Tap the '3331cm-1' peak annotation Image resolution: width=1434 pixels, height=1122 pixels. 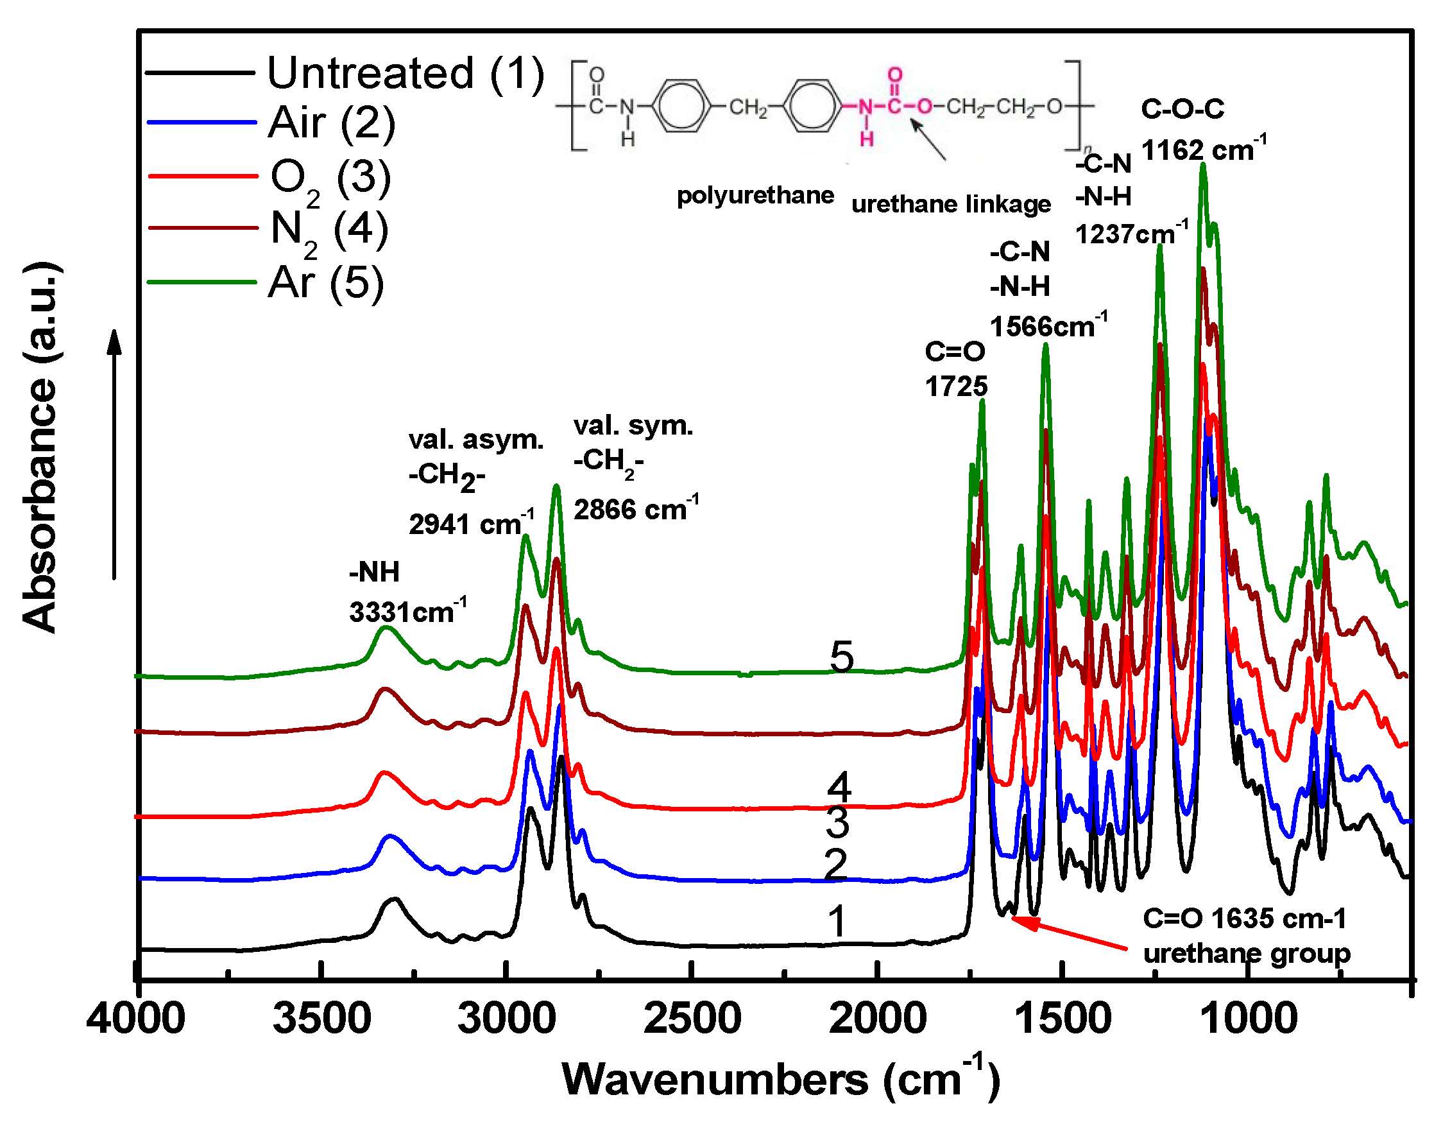[x=407, y=612]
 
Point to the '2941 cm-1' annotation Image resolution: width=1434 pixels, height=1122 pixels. [x=471, y=524]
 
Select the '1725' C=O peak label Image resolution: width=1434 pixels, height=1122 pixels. [x=956, y=387]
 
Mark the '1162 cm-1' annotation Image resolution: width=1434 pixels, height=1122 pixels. [x=1203, y=150]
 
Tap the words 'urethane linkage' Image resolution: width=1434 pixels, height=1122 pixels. [x=950, y=204]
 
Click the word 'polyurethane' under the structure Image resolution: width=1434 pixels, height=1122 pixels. [x=755, y=195]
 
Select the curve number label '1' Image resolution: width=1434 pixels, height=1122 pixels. [x=837, y=921]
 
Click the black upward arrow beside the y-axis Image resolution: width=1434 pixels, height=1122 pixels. [x=115, y=453]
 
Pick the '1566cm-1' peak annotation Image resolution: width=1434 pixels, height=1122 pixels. [x=1048, y=327]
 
